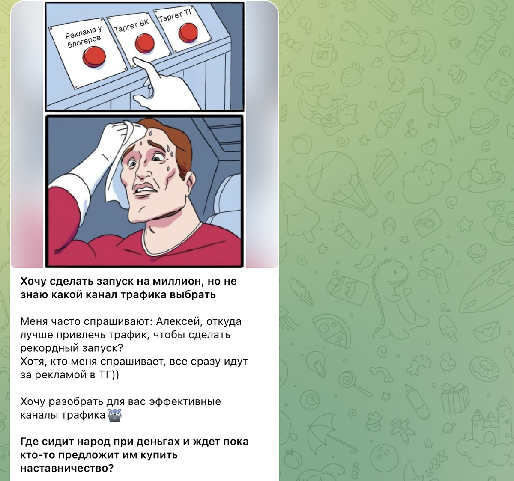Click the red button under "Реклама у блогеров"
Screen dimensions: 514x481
(94, 57)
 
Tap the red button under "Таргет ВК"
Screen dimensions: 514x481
(145, 44)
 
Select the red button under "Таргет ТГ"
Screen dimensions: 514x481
(188, 33)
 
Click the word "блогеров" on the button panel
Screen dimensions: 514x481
(84, 42)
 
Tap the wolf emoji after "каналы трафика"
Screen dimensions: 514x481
(115, 416)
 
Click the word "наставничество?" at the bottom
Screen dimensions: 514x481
(67, 468)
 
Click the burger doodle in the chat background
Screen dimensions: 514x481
(483, 122)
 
